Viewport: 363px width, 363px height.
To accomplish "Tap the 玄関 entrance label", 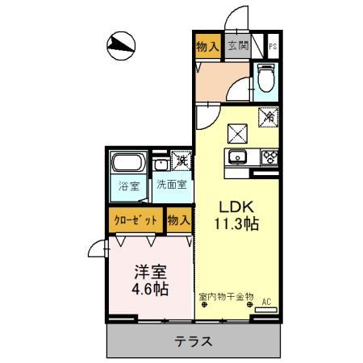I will [x=237, y=47].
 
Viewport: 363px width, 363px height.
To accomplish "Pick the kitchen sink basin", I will [x=238, y=157].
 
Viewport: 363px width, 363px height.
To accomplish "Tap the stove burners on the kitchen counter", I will [x=269, y=157].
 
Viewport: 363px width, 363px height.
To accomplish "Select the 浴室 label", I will [x=128, y=185].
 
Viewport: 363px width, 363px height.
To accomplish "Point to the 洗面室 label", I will [x=171, y=185].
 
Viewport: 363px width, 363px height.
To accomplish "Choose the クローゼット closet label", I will [x=135, y=220].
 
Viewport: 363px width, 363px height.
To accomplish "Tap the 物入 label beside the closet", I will [x=178, y=220].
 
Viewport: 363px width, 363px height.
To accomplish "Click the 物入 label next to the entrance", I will [x=207, y=47].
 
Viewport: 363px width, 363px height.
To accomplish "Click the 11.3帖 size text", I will [x=236, y=224].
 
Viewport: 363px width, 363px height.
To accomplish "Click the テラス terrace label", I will [x=194, y=341].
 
